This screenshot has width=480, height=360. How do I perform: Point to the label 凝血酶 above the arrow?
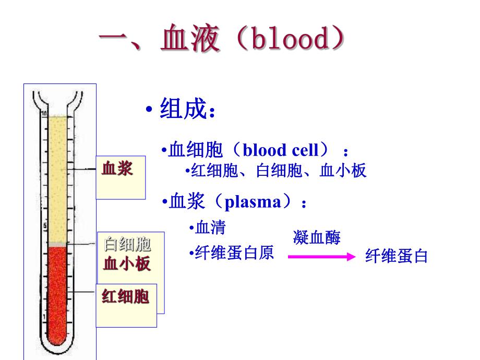317,238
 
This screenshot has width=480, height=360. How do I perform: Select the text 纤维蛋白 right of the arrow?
397,256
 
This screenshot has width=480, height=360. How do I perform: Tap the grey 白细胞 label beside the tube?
127,244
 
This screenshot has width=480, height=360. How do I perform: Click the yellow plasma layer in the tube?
57,177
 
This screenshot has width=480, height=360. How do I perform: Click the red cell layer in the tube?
57,292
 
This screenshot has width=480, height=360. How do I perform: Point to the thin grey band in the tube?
57,244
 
